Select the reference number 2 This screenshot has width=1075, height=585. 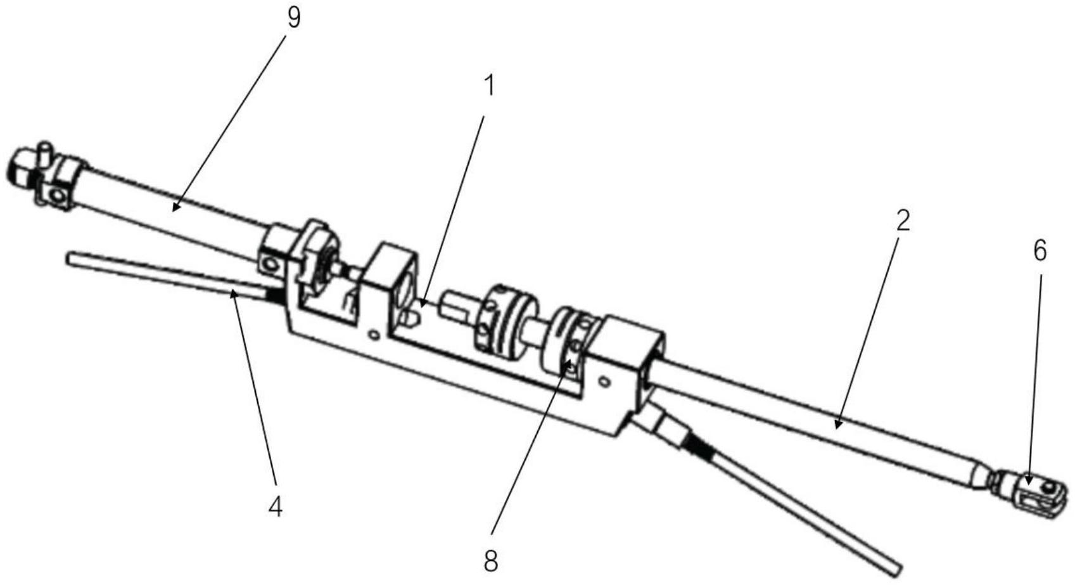point(903,220)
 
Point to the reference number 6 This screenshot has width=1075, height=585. point(1040,252)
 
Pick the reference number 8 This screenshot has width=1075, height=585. point(490,561)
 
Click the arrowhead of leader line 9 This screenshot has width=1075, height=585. point(174,209)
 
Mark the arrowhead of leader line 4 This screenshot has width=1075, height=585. point(232,290)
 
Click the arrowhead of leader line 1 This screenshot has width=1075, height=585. point(421,307)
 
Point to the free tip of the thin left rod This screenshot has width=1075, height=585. point(70,259)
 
